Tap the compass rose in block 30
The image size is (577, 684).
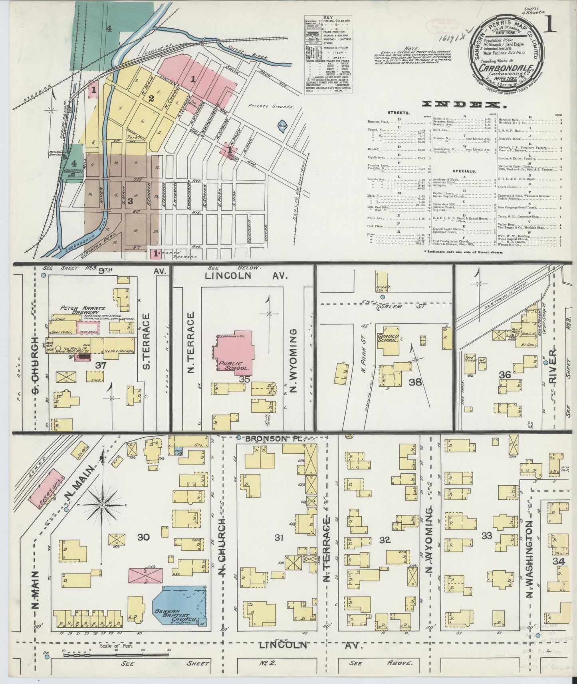coord(102,505)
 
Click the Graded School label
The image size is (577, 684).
coord(388,338)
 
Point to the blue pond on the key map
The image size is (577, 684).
coord(282,126)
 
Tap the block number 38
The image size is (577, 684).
coord(415,382)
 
